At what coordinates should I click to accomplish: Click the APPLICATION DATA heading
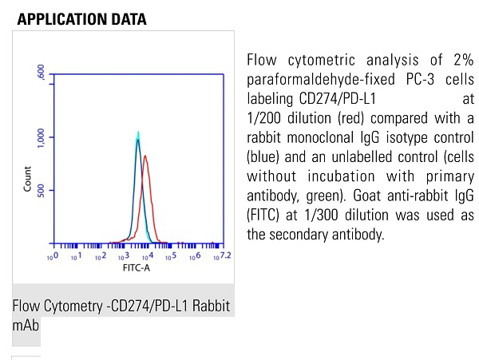coord(81,19)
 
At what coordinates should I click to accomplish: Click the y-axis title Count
coord(28,183)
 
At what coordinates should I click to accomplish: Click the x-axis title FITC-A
coord(136,267)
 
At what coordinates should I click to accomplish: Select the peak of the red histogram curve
coord(145,156)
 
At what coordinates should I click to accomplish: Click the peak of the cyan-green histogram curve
coord(138,133)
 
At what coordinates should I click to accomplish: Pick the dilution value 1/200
coord(266,119)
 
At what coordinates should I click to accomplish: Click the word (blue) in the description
coord(265,157)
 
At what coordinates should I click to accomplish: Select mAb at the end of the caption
coord(26,326)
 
